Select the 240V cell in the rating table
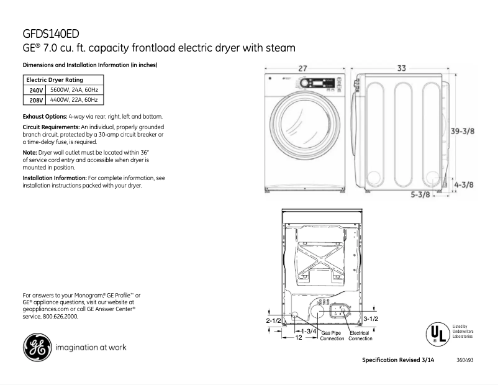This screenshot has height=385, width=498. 32,90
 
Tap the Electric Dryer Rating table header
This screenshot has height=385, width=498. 55,80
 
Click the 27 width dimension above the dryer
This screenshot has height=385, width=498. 302,68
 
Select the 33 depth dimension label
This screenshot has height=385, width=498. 401,68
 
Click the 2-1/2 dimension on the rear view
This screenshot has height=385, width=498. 274,320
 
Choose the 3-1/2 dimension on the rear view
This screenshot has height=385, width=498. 371,319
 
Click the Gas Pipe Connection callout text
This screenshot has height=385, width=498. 332,336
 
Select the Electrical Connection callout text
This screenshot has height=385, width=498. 360,336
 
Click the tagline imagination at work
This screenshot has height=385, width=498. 91,347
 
